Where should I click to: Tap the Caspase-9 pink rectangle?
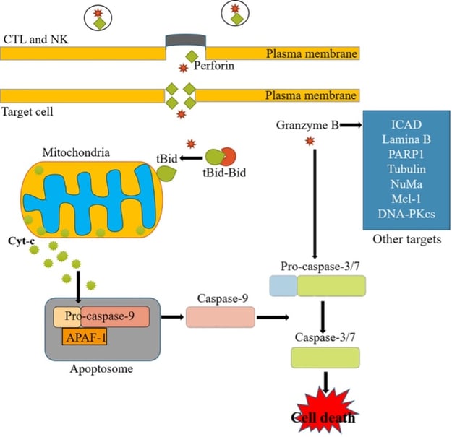click(x=221, y=317)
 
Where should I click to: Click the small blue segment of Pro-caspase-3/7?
click(x=283, y=287)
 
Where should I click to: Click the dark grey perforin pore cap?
click(x=186, y=38)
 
